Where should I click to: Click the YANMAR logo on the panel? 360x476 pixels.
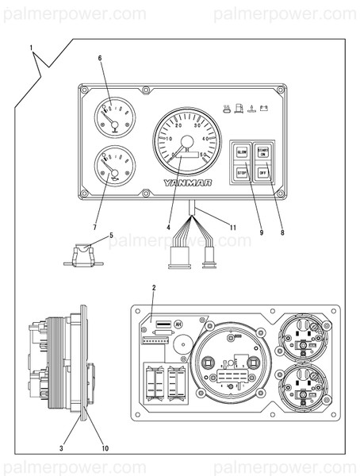pos(187,182)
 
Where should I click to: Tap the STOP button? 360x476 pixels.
pos(242,172)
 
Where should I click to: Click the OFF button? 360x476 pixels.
pos(264,172)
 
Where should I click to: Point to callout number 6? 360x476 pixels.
pos(100,58)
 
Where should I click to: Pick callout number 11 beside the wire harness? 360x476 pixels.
pos(232,228)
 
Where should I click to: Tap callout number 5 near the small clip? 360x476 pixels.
pos(111,236)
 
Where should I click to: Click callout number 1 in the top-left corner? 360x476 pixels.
pos(32,49)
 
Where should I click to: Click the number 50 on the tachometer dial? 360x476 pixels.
pos(205,154)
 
